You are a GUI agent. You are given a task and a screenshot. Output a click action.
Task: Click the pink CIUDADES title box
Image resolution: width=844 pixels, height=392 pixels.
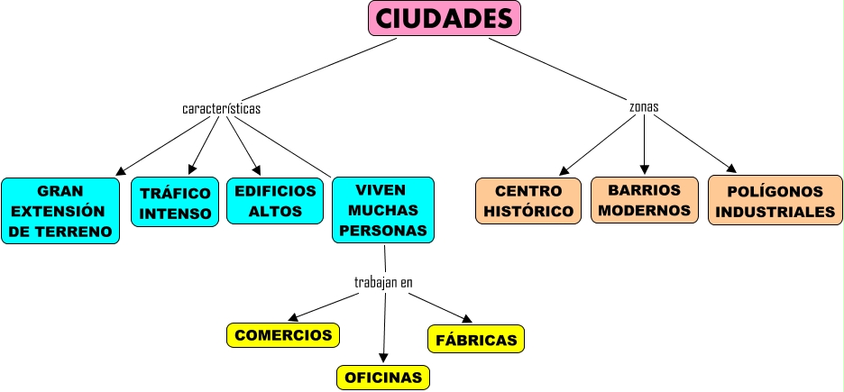[x=445, y=18]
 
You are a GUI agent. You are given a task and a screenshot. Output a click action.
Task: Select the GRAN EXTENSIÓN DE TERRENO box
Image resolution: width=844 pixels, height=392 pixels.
[x=60, y=211]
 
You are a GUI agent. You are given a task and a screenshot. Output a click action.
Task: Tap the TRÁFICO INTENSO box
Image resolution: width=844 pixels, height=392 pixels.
[x=175, y=203]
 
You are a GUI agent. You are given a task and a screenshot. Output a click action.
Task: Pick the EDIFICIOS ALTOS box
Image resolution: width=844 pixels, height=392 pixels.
[x=275, y=201]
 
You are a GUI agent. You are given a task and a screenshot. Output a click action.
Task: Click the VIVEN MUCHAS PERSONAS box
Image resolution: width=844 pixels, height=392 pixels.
[x=383, y=210]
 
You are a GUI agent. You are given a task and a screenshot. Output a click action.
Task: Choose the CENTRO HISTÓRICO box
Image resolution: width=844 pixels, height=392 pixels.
[x=527, y=201]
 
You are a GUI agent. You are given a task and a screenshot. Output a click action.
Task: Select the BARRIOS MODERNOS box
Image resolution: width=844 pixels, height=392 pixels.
[x=644, y=200]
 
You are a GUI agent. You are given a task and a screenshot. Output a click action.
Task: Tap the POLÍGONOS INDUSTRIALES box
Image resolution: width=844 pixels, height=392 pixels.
[x=775, y=202]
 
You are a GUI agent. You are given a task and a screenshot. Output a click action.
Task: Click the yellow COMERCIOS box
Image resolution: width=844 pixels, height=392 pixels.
[x=283, y=335]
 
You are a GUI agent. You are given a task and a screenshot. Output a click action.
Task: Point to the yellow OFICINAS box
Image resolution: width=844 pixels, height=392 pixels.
[x=383, y=378]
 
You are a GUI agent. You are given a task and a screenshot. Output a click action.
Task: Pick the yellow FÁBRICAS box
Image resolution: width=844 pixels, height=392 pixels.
[x=476, y=340]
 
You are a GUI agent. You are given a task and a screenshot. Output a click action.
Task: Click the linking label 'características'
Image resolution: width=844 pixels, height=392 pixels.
[x=221, y=109]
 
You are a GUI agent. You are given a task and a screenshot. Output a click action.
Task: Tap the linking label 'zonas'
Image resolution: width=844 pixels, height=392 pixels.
[x=644, y=106]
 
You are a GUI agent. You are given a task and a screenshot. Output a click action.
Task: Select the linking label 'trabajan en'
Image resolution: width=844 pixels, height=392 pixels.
[x=383, y=283]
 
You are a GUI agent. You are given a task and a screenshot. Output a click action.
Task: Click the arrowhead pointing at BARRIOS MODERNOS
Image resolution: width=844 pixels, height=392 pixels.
[x=645, y=169]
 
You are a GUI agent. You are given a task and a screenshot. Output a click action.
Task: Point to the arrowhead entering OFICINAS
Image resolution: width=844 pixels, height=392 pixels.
[x=384, y=358]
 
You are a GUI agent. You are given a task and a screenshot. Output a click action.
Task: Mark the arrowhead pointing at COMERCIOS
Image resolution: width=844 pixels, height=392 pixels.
[x=291, y=317]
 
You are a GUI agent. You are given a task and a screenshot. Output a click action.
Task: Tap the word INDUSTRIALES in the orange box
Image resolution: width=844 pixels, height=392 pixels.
[x=775, y=213]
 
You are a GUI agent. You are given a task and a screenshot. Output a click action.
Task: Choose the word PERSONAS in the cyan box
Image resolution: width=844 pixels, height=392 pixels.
[x=388, y=230]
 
